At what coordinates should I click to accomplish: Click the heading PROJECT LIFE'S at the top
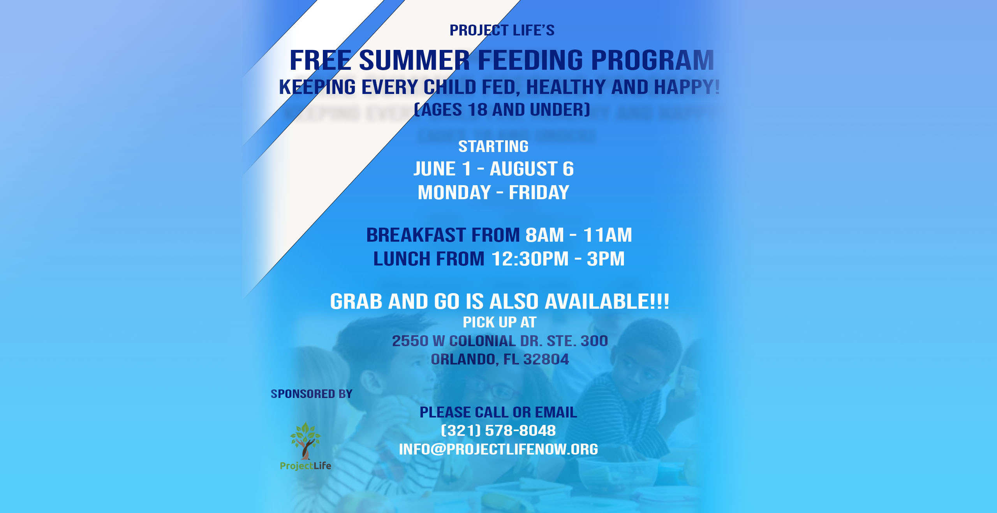point(502,30)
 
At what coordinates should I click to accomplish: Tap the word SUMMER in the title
point(414,60)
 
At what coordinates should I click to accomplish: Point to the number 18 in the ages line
point(477,110)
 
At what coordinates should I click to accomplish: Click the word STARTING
point(493,147)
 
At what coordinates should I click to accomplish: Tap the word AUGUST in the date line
point(523,169)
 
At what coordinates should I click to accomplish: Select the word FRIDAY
point(539,193)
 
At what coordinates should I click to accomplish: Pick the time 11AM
point(608,235)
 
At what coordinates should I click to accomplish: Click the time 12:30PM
point(530,259)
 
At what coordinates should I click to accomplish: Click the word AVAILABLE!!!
point(607,301)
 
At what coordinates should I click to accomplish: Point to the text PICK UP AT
point(500,322)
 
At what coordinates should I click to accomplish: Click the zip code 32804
point(546,359)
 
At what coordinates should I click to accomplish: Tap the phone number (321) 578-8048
point(498,431)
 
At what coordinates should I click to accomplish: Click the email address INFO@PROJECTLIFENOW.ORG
point(498,449)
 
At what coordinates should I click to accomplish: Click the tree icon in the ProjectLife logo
point(305,441)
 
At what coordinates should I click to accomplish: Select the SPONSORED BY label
point(312,394)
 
